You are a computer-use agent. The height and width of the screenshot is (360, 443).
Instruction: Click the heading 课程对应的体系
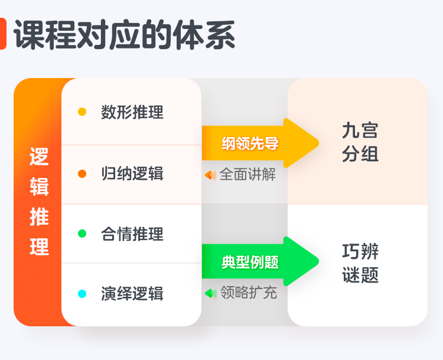[x=125, y=35]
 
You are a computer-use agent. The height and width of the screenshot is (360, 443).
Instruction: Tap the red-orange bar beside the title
[x=3, y=34]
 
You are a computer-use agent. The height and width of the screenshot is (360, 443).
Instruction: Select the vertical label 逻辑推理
[x=39, y=202]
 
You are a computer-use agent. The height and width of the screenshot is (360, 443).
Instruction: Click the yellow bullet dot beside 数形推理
[x=82, y=112]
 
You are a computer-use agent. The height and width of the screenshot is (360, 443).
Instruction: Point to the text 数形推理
[x=132, y=112]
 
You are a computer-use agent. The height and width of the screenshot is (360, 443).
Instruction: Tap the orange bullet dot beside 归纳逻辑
[x=82, y=174]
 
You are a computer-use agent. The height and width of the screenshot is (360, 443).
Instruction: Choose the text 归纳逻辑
[x=132, y=174]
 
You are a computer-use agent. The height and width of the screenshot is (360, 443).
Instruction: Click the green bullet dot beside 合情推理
[x=82, y=233]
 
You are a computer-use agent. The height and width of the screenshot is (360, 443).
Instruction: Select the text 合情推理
[x=132, y=234]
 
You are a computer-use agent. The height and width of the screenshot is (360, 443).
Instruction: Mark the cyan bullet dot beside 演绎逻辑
[x=82, y=294]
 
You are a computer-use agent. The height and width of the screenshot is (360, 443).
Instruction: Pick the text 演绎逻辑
[x=132, y=294]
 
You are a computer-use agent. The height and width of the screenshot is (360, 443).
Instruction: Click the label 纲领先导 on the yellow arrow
[x=250, y=143]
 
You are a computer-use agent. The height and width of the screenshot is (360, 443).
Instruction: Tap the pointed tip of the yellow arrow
[x=318, y=143]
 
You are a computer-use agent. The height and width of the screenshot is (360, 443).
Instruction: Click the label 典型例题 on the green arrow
[x=250, y=262]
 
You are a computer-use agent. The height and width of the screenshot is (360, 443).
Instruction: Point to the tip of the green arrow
[x=318, y=261]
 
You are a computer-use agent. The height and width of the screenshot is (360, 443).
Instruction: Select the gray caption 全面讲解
[x=247, y=174]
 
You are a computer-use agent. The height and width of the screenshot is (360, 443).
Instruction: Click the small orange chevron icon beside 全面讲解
[x=210, y=175]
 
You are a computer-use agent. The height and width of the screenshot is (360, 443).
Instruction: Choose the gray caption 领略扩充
[x=248, y=293]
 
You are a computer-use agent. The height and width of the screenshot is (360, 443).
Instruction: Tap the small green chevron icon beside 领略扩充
[x=210, y=293]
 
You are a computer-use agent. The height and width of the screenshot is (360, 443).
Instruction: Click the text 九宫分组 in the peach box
[x=360, y=142]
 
